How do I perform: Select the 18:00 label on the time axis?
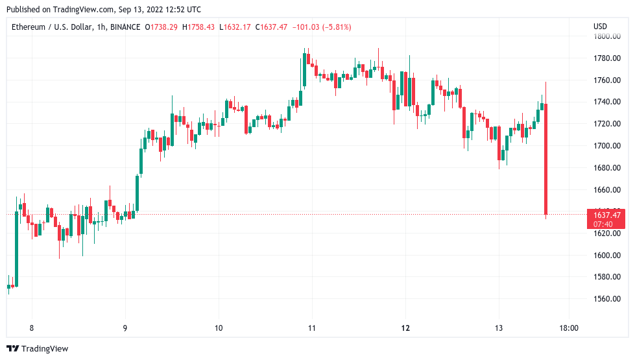568,328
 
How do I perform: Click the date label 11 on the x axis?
312,328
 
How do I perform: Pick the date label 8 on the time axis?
31,328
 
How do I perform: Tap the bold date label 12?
405,328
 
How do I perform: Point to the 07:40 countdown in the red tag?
603,224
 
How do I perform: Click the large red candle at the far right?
546,159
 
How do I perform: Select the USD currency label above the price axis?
600,27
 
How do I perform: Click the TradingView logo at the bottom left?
37,349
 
